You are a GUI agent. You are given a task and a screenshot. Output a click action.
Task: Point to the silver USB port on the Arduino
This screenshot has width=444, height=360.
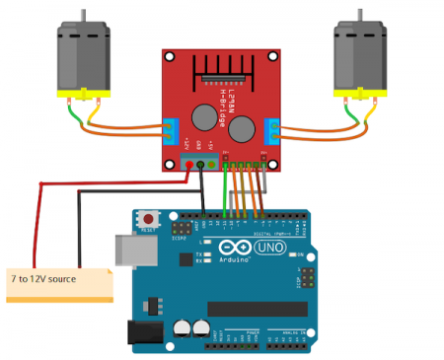click(132, 255)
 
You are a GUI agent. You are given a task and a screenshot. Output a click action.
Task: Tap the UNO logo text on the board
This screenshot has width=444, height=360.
click(269, 247)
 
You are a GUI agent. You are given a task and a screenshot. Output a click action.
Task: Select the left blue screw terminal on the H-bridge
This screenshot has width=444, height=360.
click(169, 129)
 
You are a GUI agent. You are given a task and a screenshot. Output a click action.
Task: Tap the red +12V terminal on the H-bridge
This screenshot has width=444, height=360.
click(189, 164)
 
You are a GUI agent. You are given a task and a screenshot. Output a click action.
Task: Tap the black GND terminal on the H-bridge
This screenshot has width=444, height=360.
click(200, 164)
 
